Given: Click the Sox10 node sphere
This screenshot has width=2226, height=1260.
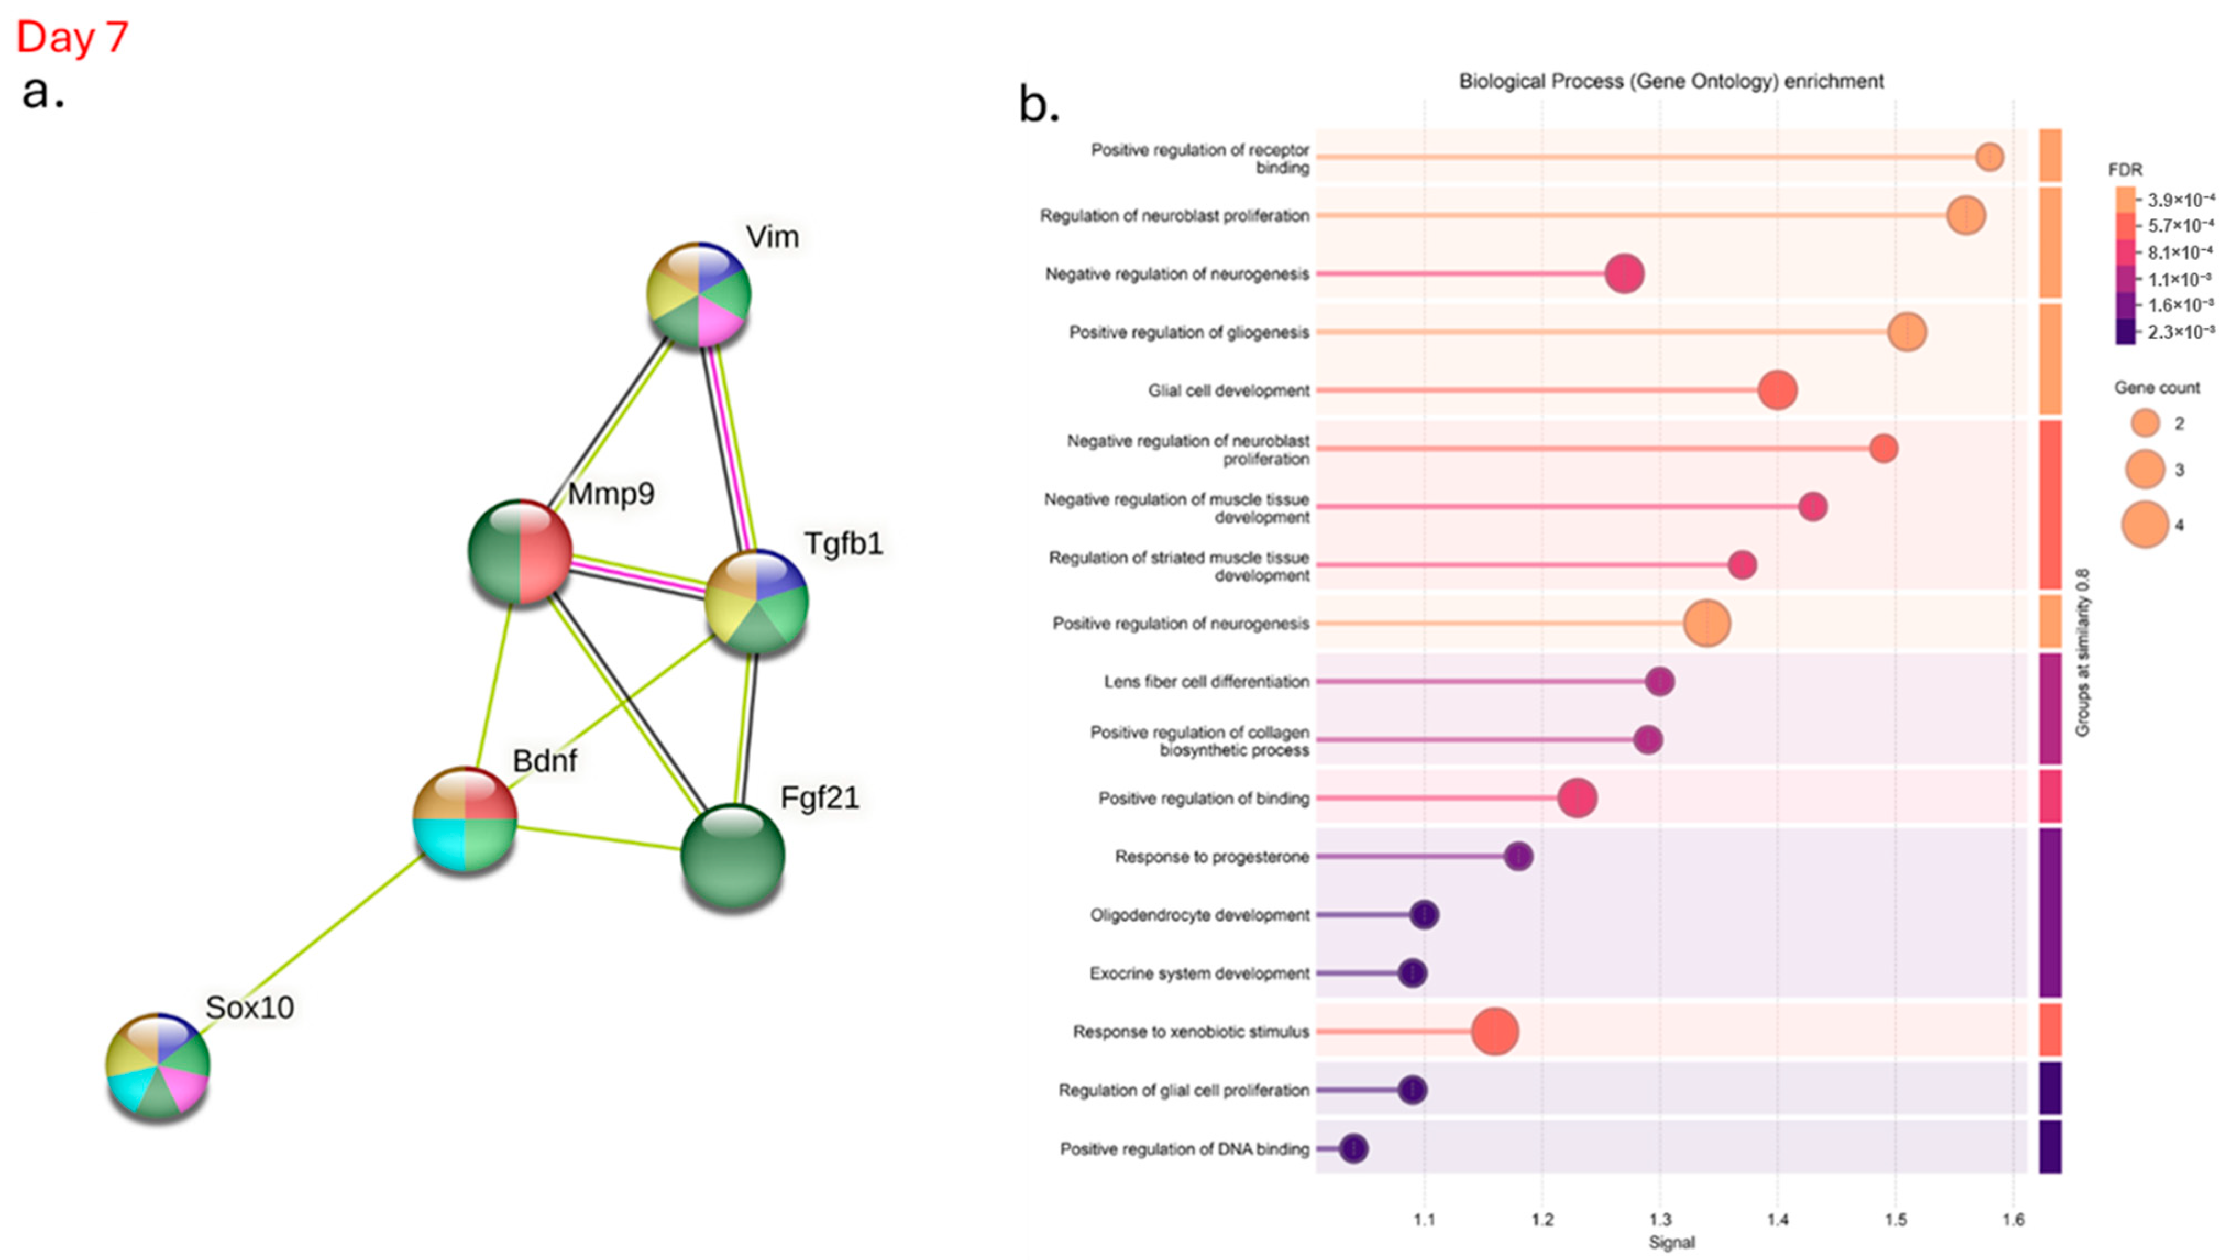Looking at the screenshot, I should pyautogui.click(x=157, y=1064).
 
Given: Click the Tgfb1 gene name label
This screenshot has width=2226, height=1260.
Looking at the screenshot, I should pyautogui.click(x=844, y=543).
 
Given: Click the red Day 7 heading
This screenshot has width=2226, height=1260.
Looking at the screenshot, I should pyautogui.click(x=73, y=37).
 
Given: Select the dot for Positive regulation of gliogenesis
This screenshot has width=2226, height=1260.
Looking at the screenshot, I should pyautogui.click(x=1907, y=332).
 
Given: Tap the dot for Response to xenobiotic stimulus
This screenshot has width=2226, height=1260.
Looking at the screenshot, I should pyautogui.click(x=1495, y=1032).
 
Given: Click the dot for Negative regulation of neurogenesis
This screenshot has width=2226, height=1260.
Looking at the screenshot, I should pyautogui.click(x=1624, y=273).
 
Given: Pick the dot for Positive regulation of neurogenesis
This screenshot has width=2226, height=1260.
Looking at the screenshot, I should pyautogui.click(x=1707, y=623).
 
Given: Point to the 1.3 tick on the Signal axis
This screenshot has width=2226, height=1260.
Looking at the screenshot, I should pyautogui.click(x=1660, y=1220).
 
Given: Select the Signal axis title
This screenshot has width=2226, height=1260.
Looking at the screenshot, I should pyautogui.click(x=1672, y=1243).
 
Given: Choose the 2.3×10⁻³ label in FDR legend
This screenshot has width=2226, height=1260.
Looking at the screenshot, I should pyautogui.click(x=2180, y=332).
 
